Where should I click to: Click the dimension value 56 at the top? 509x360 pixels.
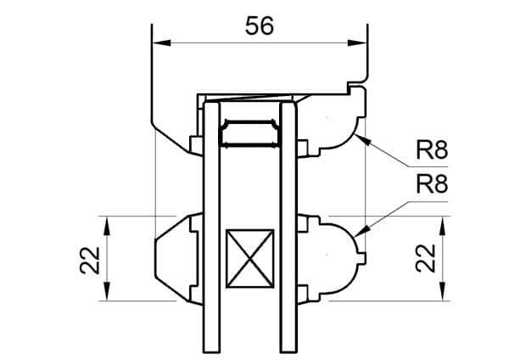pos(260,25)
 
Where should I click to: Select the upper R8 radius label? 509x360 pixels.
pos(431,153)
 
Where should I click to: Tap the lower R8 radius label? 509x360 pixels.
pos(431,185)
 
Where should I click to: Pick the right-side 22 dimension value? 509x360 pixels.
pos(429,258)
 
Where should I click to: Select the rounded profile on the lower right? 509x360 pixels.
pos(338,255)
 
